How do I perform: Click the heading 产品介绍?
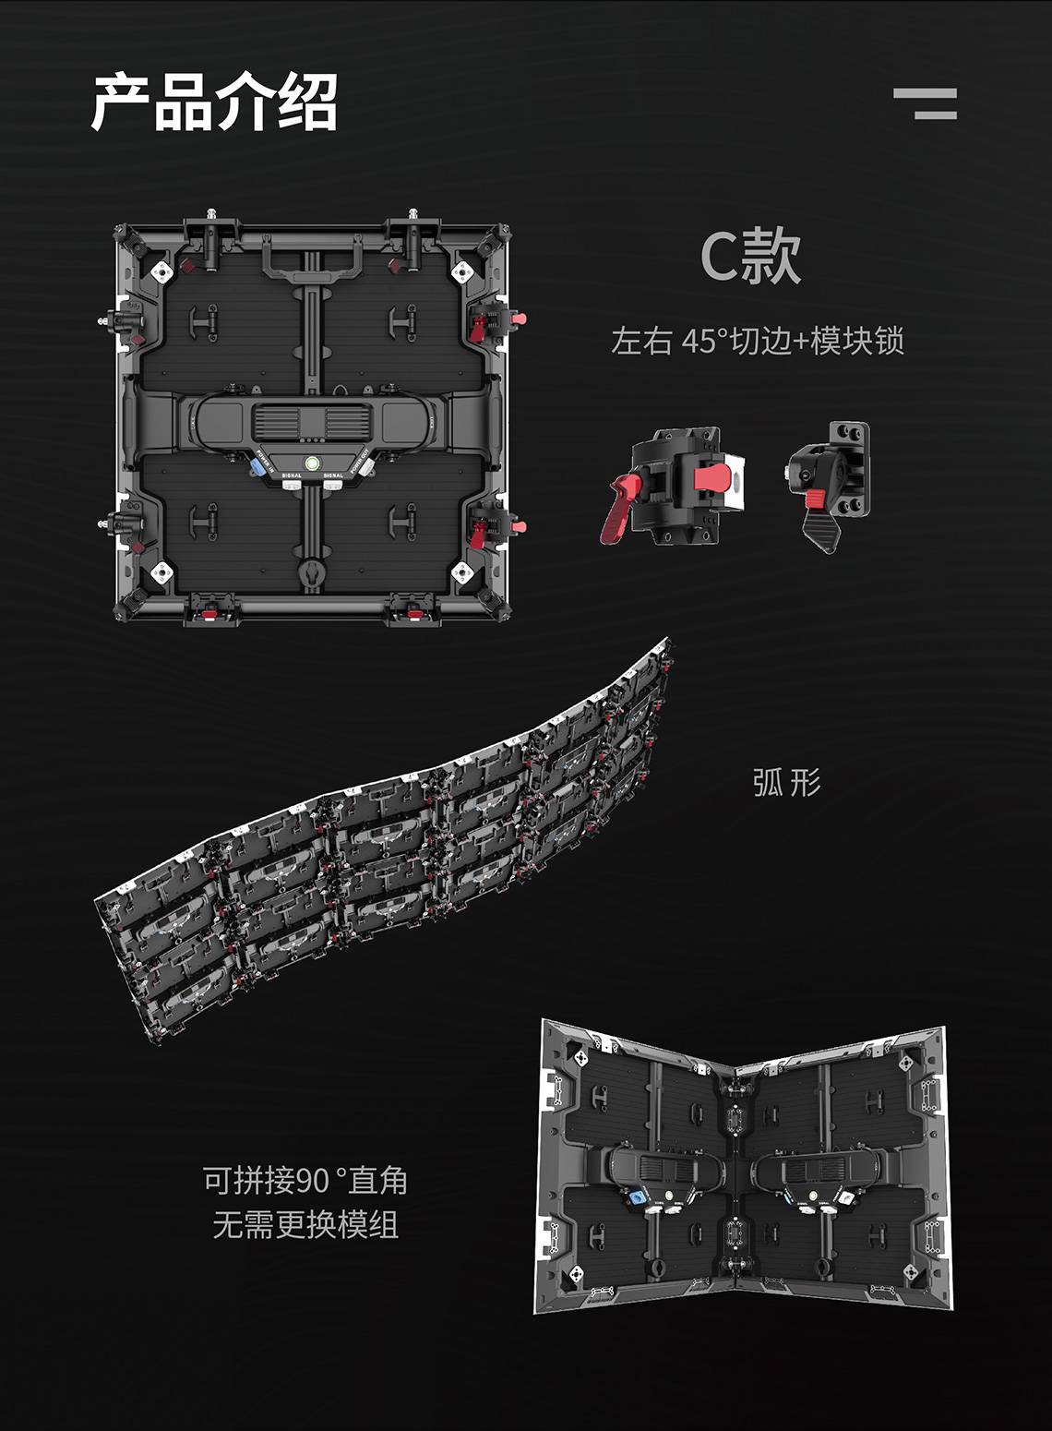click(x=214, y=102)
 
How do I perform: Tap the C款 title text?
click(x=750, y=256)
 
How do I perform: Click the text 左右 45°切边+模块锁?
click(x=758, y=341)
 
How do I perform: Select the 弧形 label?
click(x=786, y=782)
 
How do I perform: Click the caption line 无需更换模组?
click(x=305, y=1224)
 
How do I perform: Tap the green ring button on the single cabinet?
click(x=312, y=463)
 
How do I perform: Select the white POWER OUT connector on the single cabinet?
click(x=366, y=467)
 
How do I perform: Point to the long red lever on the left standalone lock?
click(x=617, y=510)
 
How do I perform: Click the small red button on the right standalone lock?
click(x=815, y=499)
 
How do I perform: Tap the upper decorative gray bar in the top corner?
click(x=925, y=94)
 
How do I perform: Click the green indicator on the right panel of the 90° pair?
click(x=812, y=1194)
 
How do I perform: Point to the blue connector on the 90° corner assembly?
click(x=637, y=1197)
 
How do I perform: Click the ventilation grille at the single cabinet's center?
click(x=312, y=422)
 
